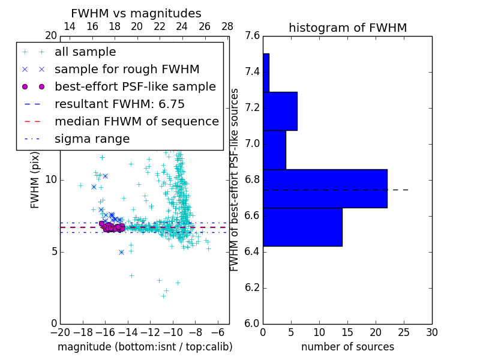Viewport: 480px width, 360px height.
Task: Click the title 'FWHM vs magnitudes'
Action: [136, 13]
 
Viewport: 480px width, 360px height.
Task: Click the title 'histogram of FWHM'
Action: [347, 28]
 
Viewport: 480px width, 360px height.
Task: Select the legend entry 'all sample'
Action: [85, 52]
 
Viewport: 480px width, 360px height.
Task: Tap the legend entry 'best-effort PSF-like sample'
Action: [135, 86]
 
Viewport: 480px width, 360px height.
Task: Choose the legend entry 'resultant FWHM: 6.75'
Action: [119, 104]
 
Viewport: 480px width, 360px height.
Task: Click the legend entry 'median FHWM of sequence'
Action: [136, 121]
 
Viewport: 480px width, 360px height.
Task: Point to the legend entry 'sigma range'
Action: [92, 139]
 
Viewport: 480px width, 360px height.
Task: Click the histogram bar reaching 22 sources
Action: [325, 188]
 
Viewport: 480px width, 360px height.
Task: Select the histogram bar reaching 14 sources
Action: [302, 227]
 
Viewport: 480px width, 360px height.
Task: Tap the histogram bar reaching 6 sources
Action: [280, 111]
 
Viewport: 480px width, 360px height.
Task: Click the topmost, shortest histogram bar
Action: [266, 73]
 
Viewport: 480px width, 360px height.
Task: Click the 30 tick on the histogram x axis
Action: [431, 332]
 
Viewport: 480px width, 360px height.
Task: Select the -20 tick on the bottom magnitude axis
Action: [60, 332]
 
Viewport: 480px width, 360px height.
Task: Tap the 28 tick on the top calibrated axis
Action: [227, 26]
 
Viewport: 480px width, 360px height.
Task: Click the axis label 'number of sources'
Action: [347, 347]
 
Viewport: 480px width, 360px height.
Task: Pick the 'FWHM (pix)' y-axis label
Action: [35, 180]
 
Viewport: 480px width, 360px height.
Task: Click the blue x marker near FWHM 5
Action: [121, 252]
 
